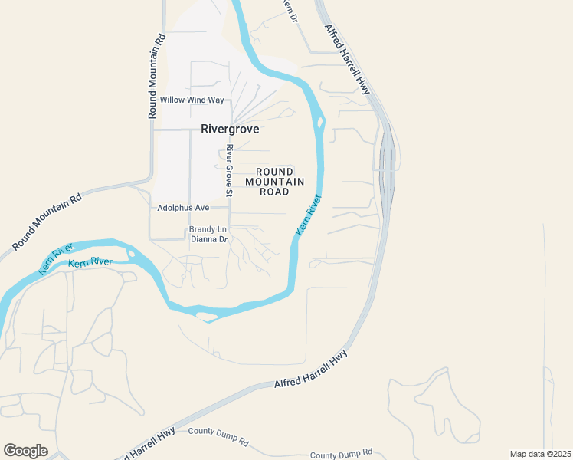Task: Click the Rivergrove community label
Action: pyautogui.click(x=230, y=129)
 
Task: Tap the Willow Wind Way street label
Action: pyautogui.click(x=192, y=100)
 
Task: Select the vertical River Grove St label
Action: pyautogui.click(x=228, y=169)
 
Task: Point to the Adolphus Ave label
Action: pyautogui.click(x=183, y=207)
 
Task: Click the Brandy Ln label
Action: pyautogui.click(x=208, y=229)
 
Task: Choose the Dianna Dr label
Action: pyautogui.click(x=209, y=239)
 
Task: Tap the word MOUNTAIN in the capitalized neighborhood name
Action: pyautogui.click(x=275, y=182)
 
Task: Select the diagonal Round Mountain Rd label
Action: pyautogui.click(x=47, y=222)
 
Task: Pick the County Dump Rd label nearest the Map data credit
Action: pyautogui.click(x=341, y=453)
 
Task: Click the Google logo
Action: pyautogui.click(x=25, y=451)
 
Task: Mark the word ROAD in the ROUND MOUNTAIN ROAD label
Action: pyautogui.click(x=275, y=192)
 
